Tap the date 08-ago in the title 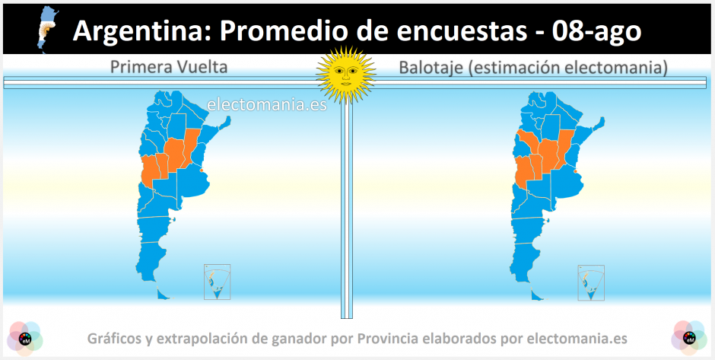click(596, 31)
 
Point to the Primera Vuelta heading click(169, 68)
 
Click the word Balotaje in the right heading click(427, 68)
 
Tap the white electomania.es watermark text click(267, 104)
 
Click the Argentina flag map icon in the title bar click(46, 30)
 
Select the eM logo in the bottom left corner click(24, 338)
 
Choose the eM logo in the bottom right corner click(689, 338)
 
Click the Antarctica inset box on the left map click(217, 282)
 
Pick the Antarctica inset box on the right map click(591, 282)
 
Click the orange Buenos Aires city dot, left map click(202, 171)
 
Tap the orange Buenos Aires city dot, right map click(576, 171)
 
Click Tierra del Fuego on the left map click(164, 294)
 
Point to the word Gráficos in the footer click(113, 339)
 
